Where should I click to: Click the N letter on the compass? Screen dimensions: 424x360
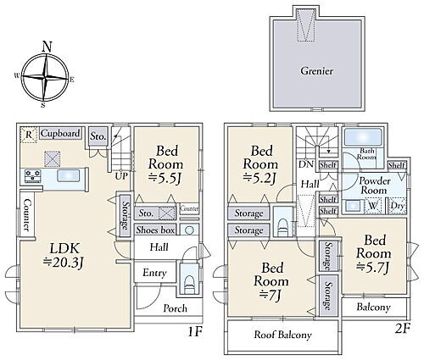click(x=47, y=47)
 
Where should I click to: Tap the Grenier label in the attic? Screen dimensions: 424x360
click(x=316, y=70)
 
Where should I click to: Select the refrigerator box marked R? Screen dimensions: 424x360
click(x=29, y=135)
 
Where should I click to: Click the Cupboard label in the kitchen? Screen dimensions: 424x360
click(x=60, y=133)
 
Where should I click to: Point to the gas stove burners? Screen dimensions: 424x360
click(x=33, y=175)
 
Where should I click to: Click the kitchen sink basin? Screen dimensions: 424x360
click(x=69, y=175)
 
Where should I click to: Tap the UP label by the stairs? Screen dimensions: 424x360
click(x=121, y=176)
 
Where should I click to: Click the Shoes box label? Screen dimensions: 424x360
click(x=155, y=230)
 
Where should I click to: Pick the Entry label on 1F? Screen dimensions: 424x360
click(x=154, y=273)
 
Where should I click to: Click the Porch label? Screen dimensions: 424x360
click(x=176, y=308)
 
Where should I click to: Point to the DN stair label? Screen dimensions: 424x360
click(x=306, y=163)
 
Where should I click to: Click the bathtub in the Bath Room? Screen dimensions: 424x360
click(x=363, y=137)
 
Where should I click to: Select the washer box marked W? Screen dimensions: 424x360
click(x=373, y=206)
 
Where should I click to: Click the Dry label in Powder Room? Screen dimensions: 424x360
click(x=398, y=206)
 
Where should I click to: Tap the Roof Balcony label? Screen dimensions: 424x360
click(x=282, y=335)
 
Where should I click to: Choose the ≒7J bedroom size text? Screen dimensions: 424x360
click(x=271, y=296)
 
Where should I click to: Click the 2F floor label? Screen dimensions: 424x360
click(x=403, y=329)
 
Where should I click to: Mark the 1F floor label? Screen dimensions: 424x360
click(x=195, y=331)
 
